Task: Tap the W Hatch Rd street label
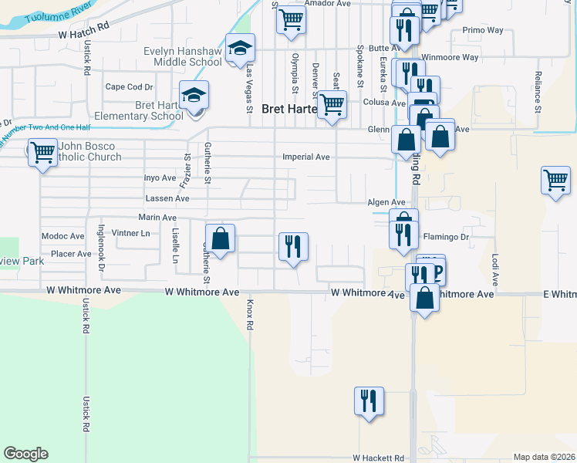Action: click(84, 35)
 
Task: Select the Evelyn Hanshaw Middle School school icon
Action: click(241, 49)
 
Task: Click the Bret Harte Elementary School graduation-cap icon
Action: click(194, 95)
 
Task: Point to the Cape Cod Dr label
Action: click(129, 87)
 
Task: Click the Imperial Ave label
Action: click(306, 157)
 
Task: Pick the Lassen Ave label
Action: click(167, 198)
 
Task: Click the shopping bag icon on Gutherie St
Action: click(221, 238)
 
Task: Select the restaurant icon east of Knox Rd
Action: click(293, 247)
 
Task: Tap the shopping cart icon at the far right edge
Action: click(555, 181)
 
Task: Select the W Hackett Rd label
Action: click(379, 458)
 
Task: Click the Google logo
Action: click(25, 454)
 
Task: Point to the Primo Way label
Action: click(483, 31)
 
